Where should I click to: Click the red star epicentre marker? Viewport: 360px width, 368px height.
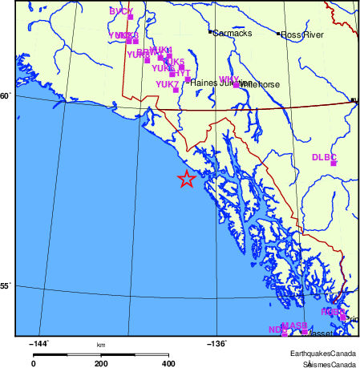(186, 179)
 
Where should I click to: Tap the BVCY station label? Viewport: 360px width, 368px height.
(120, 11)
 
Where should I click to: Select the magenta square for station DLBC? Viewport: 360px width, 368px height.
(334, 164)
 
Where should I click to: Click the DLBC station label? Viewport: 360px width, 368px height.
(323, 157)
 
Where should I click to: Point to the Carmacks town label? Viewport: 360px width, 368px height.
(233, 33)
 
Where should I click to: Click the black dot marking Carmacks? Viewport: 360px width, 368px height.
(210, 33)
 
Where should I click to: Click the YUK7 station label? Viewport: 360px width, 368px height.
(167, 83)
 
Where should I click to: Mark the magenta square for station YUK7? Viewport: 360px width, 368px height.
(176, 90)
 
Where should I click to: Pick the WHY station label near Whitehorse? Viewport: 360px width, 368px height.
(229, 79)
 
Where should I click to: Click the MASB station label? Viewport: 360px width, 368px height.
(294, 325)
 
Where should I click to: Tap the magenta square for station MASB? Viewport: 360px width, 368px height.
(304, 330)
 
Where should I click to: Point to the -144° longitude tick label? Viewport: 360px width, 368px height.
(38, 343)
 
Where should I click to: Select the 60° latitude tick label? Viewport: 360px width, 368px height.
(6, 97)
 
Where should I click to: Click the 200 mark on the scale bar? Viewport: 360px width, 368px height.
(101, 363)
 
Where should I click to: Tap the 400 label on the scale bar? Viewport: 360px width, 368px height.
(168, 363)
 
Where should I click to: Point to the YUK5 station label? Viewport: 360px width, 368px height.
(174, 62)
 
